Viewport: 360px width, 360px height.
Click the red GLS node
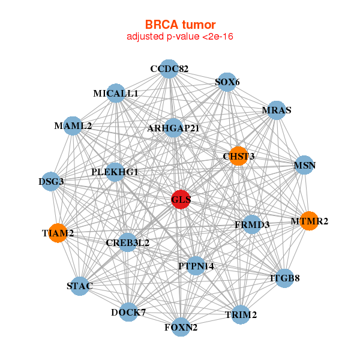tap(181, 199)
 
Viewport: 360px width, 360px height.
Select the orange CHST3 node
tap(238, 156)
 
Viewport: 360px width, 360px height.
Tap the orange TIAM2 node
tap(58, 233)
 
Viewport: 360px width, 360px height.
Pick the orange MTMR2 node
tap(309, 221)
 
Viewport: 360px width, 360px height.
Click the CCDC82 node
tap(169, 69)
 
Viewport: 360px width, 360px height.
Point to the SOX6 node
tap(227, 82)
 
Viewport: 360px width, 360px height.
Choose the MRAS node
tap(276, 110)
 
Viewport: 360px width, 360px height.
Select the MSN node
tap(304, 165)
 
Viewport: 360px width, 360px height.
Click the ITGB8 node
tap(284, 278)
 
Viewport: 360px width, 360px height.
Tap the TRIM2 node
tap(241, 314)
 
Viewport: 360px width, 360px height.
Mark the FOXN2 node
tap(181, 327)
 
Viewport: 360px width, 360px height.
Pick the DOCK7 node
tap(128, 312)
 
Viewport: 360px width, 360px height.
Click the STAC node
tap(80, 286)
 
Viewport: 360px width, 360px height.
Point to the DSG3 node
tap(51, 181)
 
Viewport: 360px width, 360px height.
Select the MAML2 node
tap(73, 126)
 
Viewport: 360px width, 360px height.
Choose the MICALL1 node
tap(116, 94)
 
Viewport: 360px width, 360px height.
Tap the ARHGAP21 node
tap(173, 128)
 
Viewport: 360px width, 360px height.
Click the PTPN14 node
tap(196, 265)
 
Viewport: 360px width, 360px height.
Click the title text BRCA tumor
tap(180, 25)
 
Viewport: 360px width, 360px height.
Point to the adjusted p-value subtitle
tap(180, 37)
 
